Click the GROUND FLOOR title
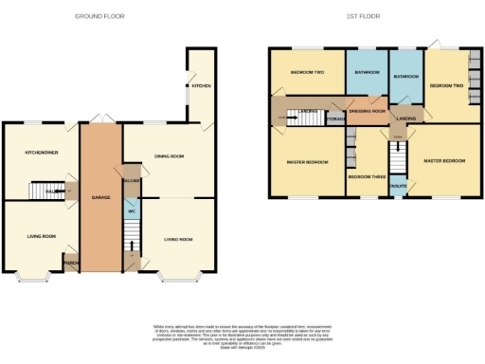coord(101,16)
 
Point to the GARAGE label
coord(101,198)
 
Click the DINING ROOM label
coord(169,155)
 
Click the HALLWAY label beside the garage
coord(131,179)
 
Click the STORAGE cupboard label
coord(335,118)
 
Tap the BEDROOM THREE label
coord(366,177)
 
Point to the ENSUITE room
coord(398,186)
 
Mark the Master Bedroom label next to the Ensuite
coord(444,160)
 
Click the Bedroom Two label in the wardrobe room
coord(446,85)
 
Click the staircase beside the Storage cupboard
coord(307,118)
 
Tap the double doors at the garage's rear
coord(101,120)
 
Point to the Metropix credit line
coord(242,349)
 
